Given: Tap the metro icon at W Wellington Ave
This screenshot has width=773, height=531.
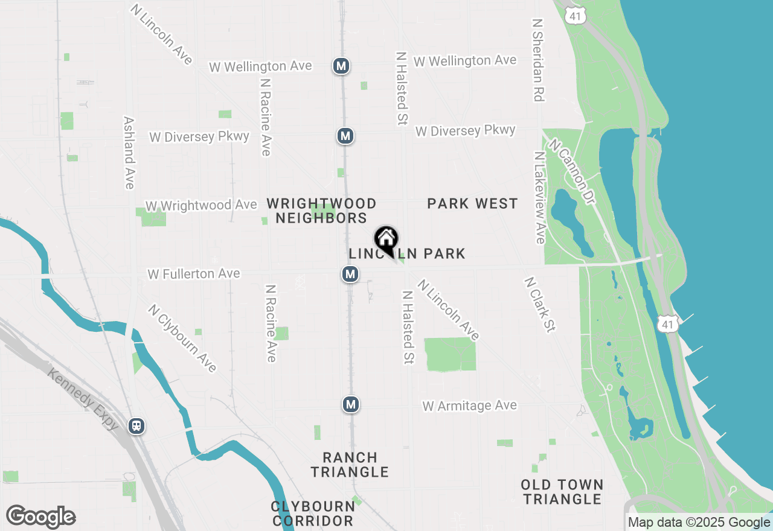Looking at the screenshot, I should [x=341, y=66].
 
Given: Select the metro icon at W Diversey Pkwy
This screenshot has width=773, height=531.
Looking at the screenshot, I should [x=345, y=136].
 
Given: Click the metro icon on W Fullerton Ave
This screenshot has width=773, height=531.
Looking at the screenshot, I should [x=350, y=275].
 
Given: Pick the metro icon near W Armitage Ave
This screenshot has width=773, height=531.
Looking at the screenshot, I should [x=351, y=404].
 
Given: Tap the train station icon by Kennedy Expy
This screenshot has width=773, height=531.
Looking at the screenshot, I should [x=137, y=426].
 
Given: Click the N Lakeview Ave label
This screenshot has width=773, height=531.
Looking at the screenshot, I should [x=539, y=197].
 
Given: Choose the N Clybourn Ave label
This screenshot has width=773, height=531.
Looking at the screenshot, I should [x=182, y=338].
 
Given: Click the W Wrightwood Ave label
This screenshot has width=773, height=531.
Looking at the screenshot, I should [x=201, y=206].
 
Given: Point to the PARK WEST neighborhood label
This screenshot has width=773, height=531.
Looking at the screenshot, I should [x=472, y=204].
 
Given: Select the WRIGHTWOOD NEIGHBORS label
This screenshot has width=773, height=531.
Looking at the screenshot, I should [x=322, y=211].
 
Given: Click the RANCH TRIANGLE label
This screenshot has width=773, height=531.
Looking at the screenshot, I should [x=350, y=465].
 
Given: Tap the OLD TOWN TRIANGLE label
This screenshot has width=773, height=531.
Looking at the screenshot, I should [x=562, y=492].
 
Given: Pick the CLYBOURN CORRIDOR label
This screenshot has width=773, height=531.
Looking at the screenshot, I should [x=313, y=513].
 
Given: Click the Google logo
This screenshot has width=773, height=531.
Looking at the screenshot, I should [x=40, y=517].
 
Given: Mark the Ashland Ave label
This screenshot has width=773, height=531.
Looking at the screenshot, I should [x=128, y=153].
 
